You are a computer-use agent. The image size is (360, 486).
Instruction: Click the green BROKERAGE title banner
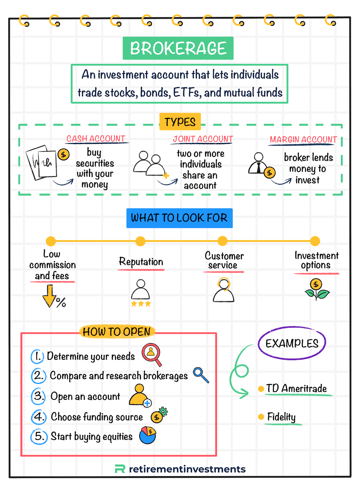click(178, 48)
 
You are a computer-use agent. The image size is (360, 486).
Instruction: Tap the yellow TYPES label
click(180, 122)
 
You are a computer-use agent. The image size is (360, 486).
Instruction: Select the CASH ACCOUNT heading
click(96, 139)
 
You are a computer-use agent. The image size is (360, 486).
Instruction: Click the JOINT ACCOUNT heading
click(203, 139)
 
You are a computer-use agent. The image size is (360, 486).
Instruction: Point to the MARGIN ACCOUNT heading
click(303, 140)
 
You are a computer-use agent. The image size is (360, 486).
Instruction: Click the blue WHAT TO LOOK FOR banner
click(179, 218)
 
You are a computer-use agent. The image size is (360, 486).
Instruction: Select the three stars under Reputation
click(141, 304)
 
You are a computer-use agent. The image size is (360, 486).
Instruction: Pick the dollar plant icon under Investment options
click(316, 289)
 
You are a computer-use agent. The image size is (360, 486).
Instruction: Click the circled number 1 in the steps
click(37, 356)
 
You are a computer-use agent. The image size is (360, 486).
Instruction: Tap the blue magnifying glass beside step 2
click(201, 375)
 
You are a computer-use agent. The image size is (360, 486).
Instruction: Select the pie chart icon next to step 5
click(148, 435)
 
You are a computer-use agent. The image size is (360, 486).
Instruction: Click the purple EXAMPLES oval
click(292, 343)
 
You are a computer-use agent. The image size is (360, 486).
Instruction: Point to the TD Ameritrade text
click(296, 389)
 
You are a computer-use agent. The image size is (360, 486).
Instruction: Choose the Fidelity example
click(281, 417)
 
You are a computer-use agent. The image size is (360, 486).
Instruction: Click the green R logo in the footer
click(120, 469)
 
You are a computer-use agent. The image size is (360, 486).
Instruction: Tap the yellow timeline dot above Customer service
click(223, 241)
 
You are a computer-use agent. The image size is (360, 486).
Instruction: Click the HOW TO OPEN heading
click(117, 332)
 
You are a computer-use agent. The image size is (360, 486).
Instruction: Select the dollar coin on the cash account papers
click(64, 154)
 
